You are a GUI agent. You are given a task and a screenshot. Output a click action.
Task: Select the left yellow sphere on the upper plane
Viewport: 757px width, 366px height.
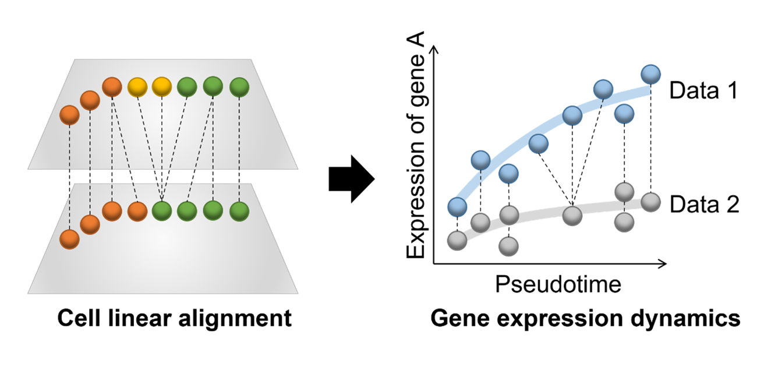pyautogui.click(x=137, y=87)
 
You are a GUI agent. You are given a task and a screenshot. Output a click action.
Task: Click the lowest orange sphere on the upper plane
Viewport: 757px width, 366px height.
pyautogui.click(x=69, y=114)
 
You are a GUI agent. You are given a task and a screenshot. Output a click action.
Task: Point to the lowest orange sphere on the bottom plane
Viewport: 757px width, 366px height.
pyautogui.click(x=69, y=238)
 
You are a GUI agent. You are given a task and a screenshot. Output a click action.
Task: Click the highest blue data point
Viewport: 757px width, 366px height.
pyautogui.click(x=650, y=75)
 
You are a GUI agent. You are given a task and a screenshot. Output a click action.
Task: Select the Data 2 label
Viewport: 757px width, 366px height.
pyautogui.click(x=703, y=205)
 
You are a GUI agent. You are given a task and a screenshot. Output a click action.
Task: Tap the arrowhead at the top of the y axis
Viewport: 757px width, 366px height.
pyautogui.click(x=434, y=49)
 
